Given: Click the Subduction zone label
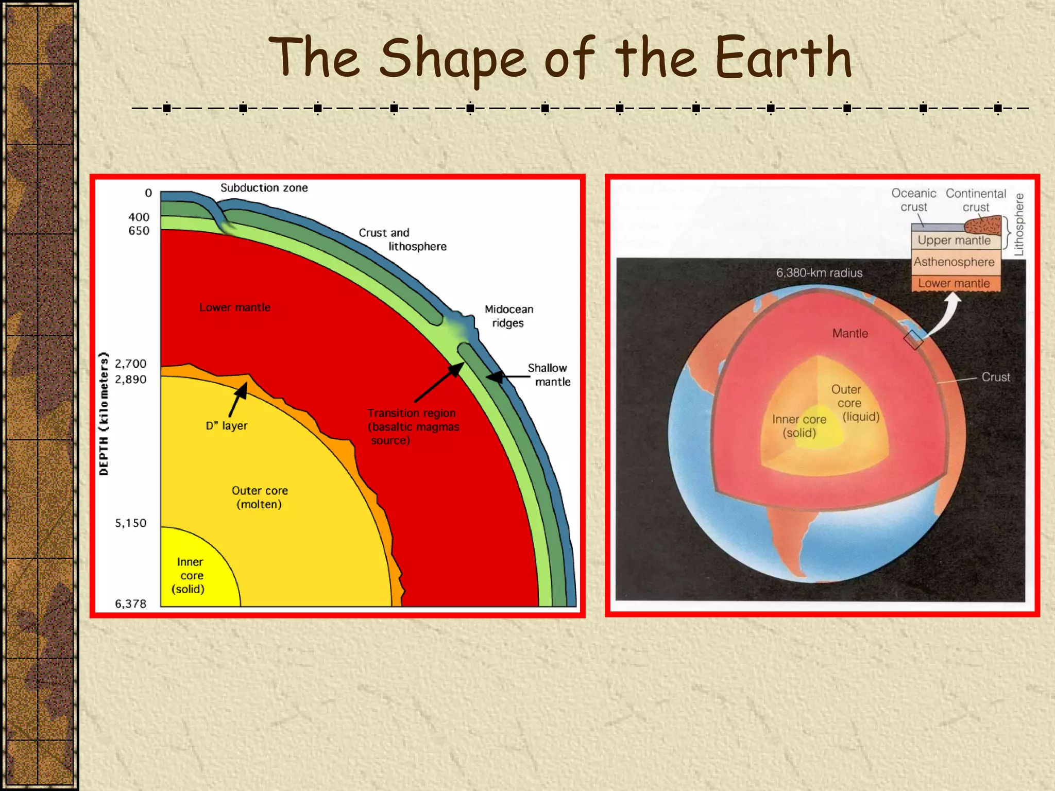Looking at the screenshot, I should [264, 188].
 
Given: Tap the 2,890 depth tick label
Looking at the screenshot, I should [130, 380].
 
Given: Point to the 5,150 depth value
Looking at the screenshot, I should [130, 523].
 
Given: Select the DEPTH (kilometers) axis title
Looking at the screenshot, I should [104, 414].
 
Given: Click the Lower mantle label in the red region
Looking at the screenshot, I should [234, 307].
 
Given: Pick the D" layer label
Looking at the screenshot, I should [226, 426].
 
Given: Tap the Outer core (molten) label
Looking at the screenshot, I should [259, 497].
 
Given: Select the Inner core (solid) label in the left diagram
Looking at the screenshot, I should [190, 575].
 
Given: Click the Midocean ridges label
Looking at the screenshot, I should [508, 316].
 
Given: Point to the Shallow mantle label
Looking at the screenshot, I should [549, 375].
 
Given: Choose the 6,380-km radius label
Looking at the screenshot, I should [819, 273].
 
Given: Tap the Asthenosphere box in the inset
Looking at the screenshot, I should [954, 262].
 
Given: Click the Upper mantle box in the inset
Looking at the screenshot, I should [954, 240].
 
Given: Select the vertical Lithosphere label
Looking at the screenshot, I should [1018, 225].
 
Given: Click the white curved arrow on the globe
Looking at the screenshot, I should [945, 314].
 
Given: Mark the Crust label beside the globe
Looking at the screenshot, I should [995, 377].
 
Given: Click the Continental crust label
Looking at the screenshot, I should [976, 200].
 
